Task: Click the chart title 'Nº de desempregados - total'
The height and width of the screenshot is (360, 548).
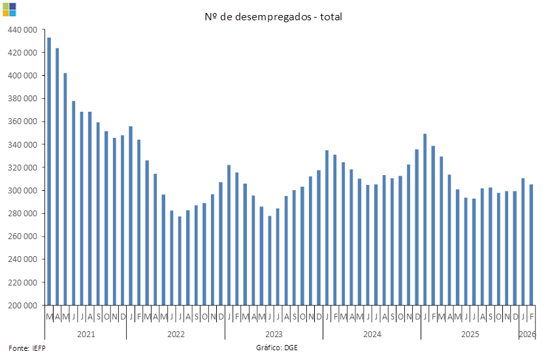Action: [274, 16]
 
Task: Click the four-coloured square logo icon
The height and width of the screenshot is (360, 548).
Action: [9, 9]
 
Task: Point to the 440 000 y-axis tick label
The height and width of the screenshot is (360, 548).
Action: [23, 29]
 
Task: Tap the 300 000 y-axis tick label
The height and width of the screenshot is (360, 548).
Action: [23, 191]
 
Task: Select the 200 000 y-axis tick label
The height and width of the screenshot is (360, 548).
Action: [23, 305]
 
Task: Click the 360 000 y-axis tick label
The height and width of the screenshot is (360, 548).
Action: [23, 122]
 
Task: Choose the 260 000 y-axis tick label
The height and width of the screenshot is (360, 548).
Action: [23, 237]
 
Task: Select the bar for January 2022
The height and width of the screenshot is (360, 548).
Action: [131, 216]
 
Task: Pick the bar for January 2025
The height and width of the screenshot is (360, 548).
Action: [425, 220]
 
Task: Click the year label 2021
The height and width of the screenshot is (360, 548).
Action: [86, 334]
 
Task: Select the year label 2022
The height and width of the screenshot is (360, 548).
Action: [176, 334]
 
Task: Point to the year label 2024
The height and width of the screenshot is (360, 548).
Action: [372, 334]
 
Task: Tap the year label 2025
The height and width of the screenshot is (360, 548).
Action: [470, 334]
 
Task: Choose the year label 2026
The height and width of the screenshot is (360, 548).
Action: [528, 334]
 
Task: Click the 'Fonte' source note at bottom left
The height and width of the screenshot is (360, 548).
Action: [27, 348]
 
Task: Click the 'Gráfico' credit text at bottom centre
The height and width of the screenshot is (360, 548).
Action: [276, 348]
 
